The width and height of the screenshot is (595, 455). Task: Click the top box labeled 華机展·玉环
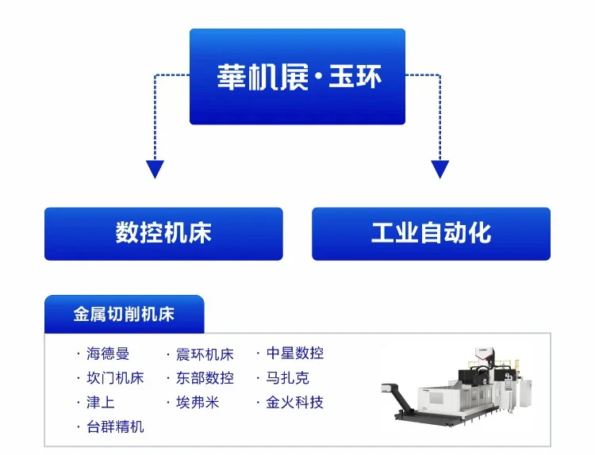click(x=297, y=77)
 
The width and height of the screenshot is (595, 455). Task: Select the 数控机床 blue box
click(x=163, y=234)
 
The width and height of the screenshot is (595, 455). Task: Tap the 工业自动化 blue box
click(x=431, y=234)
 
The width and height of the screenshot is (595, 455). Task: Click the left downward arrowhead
click(x=155, y=169)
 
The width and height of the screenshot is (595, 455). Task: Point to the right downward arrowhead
click(x=440, y=169)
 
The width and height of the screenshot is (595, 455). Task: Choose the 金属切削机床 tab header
click(x=124, y=315)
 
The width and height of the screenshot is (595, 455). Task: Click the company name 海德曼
click(x=108, y=354)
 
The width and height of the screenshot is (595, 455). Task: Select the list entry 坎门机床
click(x=115, y=378)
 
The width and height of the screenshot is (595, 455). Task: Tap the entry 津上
click(x=101, y=403)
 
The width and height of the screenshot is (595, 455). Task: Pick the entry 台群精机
click(x=115, y=427)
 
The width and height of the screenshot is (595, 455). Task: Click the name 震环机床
click(x=205, y=354)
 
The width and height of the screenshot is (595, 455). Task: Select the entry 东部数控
click(x=205, y=378)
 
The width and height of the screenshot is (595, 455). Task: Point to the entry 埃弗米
click(x=198, y=403)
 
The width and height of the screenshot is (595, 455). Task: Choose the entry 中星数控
click(x=294, y=354)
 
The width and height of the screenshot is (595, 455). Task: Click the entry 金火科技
click(x=294, y=403)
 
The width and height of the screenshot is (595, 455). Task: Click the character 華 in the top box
click(x=230, y=77)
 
